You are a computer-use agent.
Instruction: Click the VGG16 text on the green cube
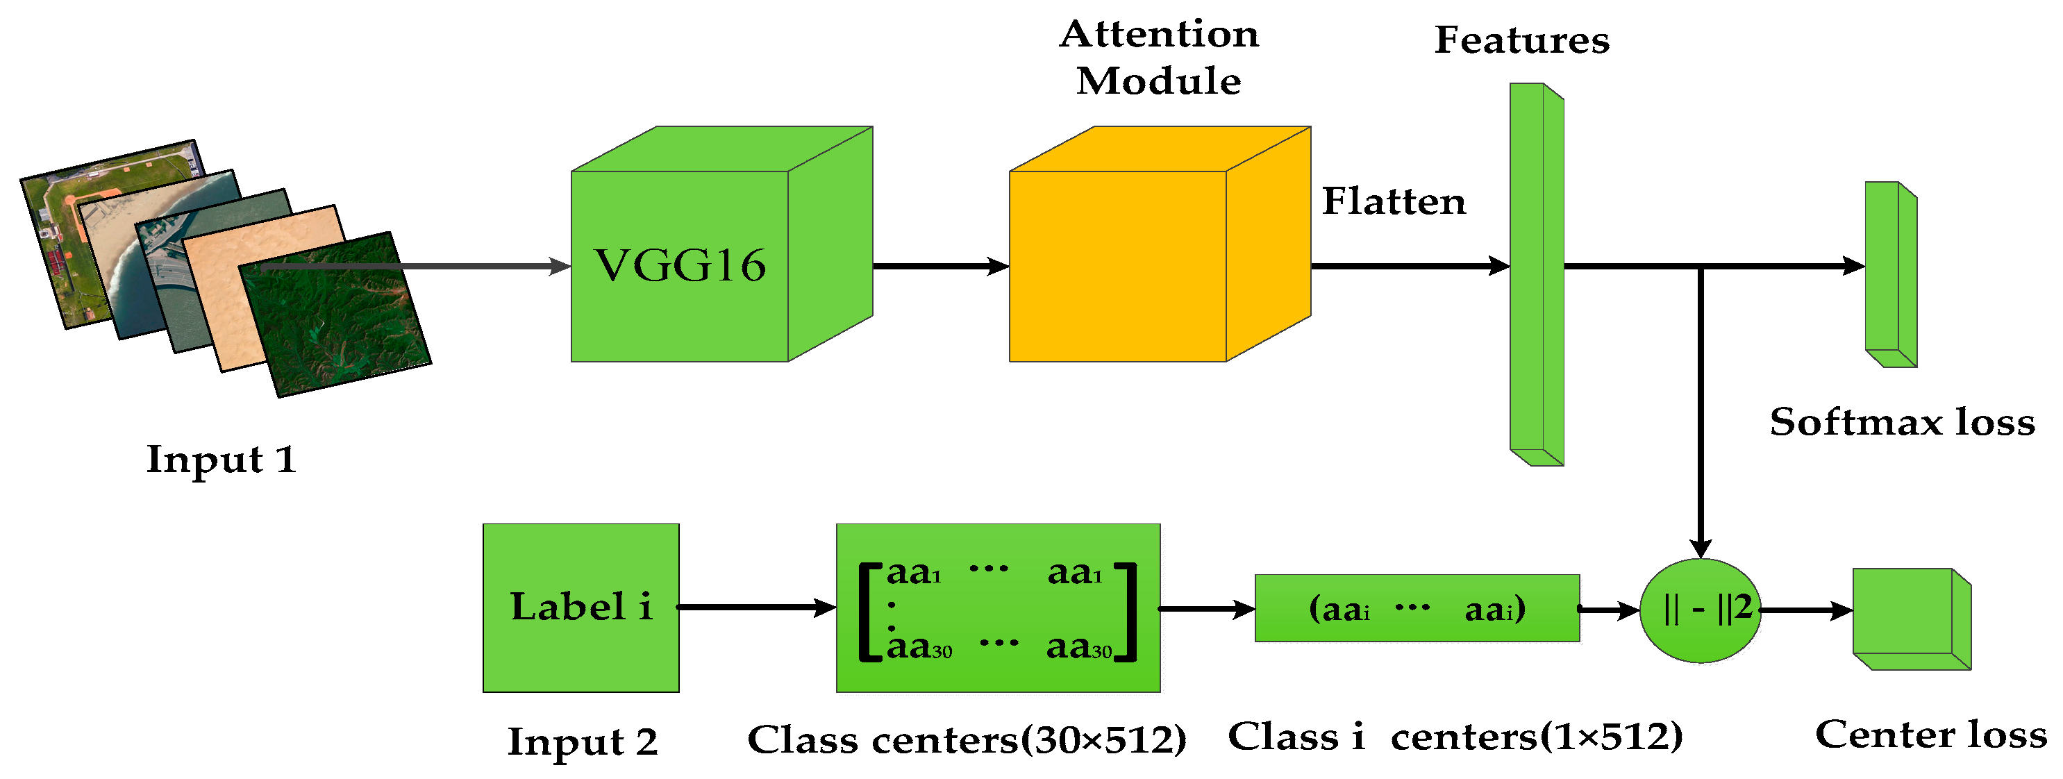tap(679, 266)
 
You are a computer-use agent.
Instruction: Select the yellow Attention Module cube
tap(1117, 266)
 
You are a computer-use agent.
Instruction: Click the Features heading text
tap(1521, 40)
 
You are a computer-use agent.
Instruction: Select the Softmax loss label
tap(1902, 422)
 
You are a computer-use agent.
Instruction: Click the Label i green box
tap(581, 607)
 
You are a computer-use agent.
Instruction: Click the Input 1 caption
tap(221, 460)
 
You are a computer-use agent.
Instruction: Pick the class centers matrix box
tap(998, 608)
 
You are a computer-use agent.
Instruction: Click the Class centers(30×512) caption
tap(967, 739)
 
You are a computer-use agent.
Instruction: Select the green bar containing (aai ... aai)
tap(1416, 608)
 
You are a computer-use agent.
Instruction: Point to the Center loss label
tap(1930, 734)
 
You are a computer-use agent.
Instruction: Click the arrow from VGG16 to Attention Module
tap(940, 266)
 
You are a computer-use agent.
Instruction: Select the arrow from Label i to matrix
tap(756, 608)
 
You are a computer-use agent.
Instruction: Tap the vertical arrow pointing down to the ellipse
tap(1699, 417)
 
